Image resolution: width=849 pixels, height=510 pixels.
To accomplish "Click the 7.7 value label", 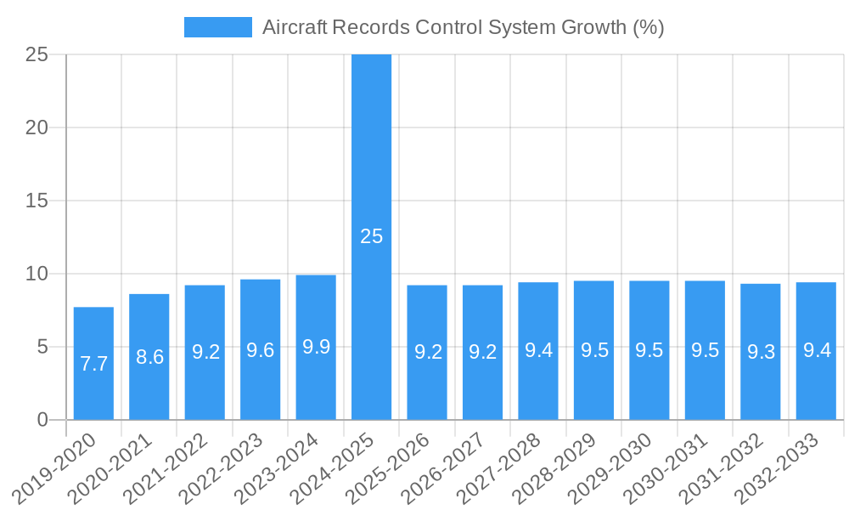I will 93,364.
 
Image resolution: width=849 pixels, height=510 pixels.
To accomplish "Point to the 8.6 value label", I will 149,357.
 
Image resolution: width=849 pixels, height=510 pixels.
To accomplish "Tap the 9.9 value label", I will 316,347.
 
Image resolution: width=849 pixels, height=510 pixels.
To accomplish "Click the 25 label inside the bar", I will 371,236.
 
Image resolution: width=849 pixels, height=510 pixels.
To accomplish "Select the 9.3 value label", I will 761,352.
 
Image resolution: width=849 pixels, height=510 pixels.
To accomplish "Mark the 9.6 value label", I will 260,349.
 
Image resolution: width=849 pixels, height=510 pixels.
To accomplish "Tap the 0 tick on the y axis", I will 43,420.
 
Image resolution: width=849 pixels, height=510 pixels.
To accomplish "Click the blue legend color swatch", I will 218,27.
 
